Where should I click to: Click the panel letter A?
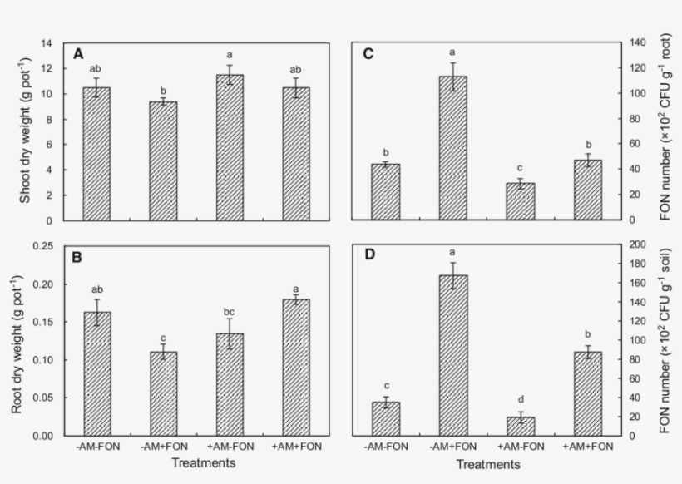coord(78,54)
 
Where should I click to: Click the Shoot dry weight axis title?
coord(25,131)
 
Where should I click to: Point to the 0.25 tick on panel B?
coord(49,246)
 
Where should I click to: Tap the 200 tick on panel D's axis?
coord(638,245)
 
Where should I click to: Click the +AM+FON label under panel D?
coord(590,447)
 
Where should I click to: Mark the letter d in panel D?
coord(521,402)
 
